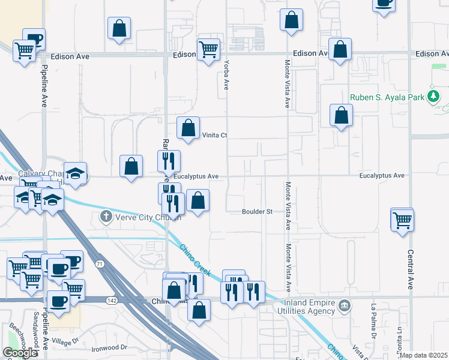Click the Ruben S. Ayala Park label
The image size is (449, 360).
click(x=387, y=97)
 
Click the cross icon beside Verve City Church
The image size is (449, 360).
click(x=106, y=216)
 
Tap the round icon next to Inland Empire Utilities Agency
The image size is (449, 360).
click(x=345, y=306)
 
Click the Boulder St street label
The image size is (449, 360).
click(x=258, y=211)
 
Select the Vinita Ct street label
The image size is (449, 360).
click(x=214, y=135)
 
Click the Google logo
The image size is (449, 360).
click(x=20, y=353)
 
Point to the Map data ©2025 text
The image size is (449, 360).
click(x=423, y=355)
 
